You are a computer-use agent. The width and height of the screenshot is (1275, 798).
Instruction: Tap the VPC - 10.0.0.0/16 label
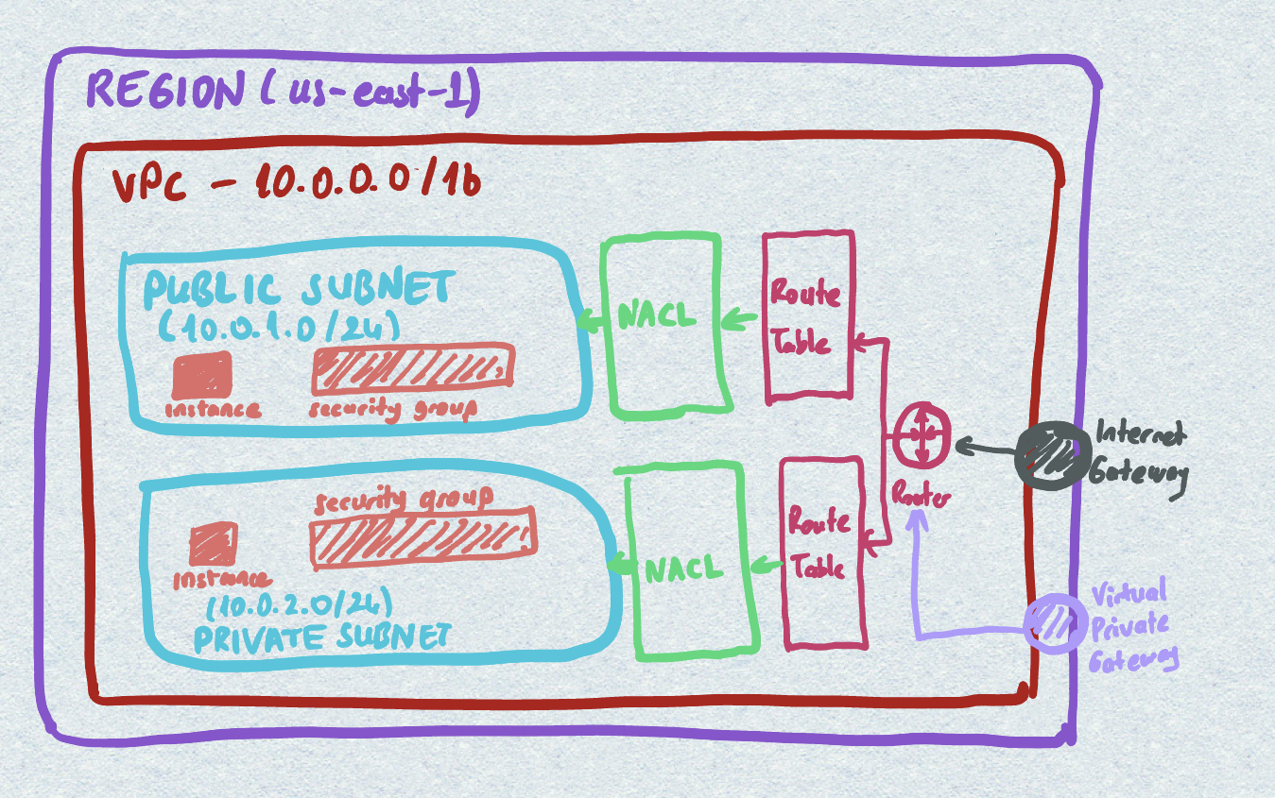[295, 181]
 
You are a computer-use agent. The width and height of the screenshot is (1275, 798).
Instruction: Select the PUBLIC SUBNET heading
[299, 288]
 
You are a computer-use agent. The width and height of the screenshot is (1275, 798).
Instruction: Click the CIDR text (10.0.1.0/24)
[279, 327]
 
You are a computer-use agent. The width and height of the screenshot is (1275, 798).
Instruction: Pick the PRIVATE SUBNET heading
[321, 638]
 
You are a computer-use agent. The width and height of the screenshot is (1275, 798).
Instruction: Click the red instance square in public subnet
[201, 375]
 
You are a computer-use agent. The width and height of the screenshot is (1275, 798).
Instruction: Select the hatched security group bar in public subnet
[412, 369]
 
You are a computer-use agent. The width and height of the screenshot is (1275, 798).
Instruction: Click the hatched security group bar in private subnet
[422, 533]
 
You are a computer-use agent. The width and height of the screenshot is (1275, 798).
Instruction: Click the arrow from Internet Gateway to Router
[987, 447]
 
